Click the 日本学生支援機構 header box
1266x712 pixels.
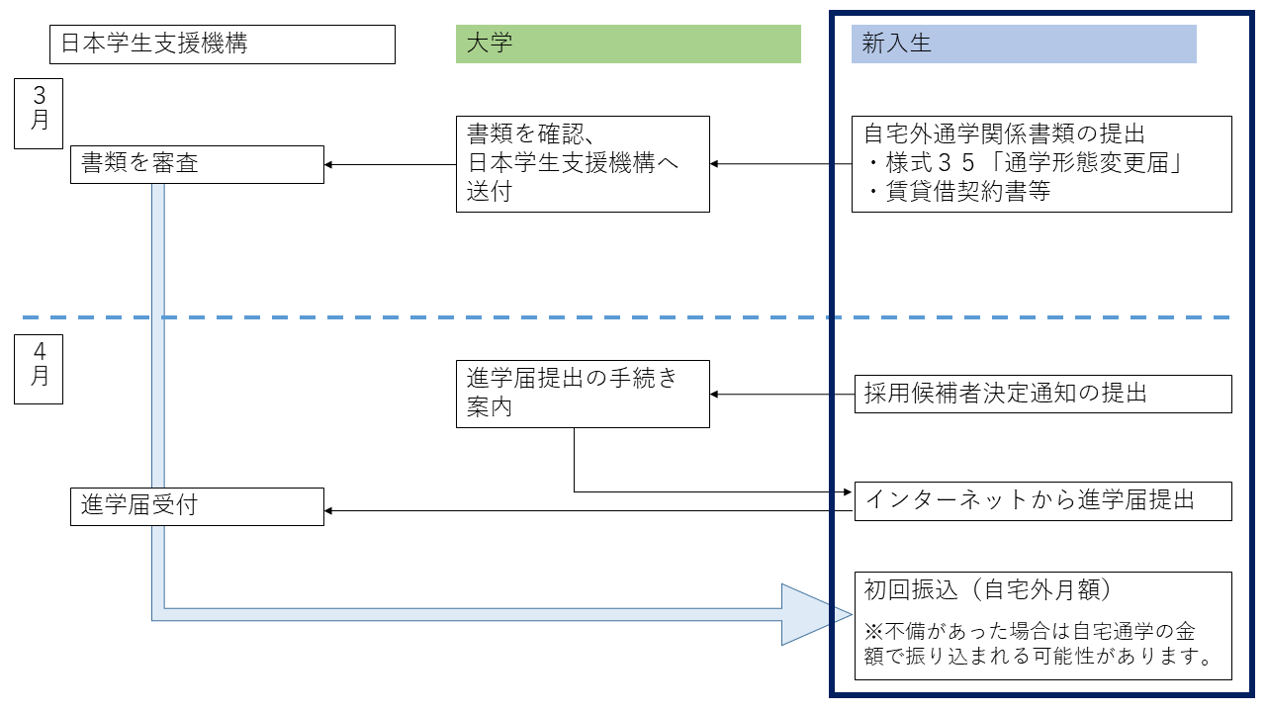[223, 44]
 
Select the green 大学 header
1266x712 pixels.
[628, 44]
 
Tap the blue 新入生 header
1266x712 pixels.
[1024, 44]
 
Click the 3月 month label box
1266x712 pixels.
[39, 114]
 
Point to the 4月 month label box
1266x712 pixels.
[39, 369]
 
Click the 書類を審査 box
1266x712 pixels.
[197, 164]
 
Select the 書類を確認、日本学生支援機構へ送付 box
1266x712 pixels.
[583, 164]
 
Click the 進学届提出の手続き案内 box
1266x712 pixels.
[583, 394]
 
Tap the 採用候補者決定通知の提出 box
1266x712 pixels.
[1042, 394]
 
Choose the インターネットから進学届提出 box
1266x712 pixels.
[1042, 501]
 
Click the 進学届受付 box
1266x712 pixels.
[197, 507]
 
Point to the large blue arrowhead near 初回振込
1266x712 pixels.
[816, 614]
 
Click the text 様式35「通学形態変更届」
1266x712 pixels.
[1035, 163]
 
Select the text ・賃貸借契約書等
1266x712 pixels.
[958, 192]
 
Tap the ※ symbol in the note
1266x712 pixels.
[873, 631]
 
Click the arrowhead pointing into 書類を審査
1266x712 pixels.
[327, 164]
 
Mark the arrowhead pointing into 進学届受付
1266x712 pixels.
[327, 511]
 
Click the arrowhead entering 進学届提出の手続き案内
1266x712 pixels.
[713, 394]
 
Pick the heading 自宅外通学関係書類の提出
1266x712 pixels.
[1004, 133]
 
